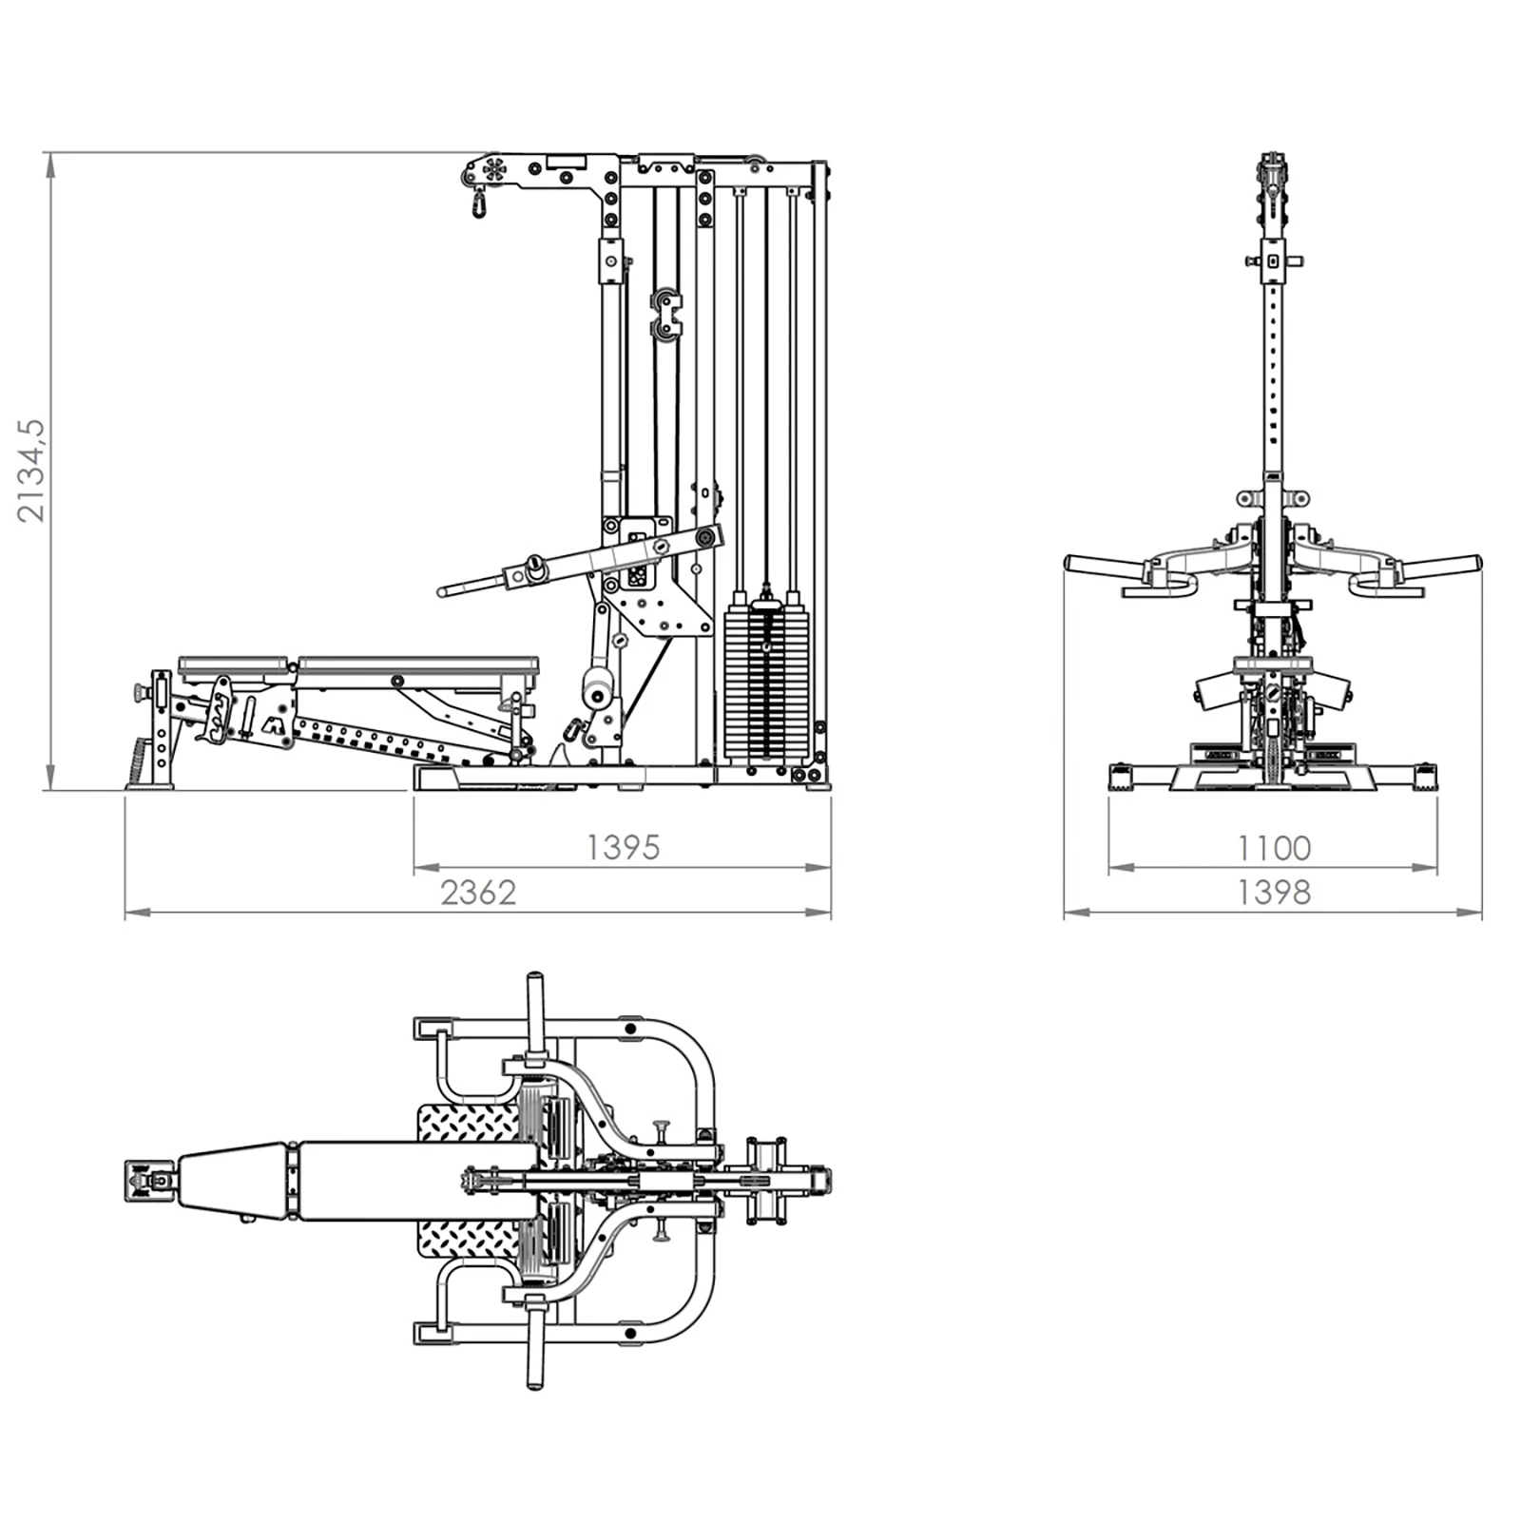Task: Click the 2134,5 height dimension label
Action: click(32, 470)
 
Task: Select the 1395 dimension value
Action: click(623, 847)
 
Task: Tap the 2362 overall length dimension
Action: click(478, 893)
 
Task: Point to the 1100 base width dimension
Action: click(1274, 847)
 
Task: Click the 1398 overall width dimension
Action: click(1274, 893)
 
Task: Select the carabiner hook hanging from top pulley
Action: click(477, 202)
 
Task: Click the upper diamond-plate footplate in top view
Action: click(469, 1123)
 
